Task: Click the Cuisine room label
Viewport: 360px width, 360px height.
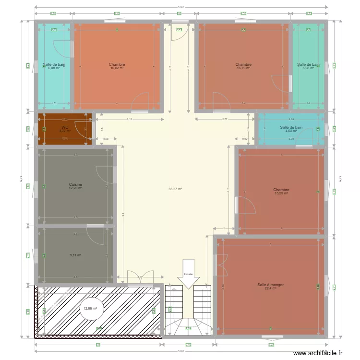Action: [75, 184]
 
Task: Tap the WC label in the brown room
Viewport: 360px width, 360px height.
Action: [65, 127]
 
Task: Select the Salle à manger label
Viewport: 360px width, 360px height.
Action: [270, 285]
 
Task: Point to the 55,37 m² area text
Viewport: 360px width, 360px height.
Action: [175, 189]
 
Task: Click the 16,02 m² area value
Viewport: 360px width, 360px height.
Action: [116, 68]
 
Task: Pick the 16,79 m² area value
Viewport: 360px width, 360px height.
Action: [243, 68]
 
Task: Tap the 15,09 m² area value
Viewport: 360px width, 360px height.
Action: [281, 193]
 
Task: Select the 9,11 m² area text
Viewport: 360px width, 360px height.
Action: [75, 255]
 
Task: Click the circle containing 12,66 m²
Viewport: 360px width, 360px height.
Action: [90, 309]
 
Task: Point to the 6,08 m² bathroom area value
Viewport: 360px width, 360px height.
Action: [54, 68]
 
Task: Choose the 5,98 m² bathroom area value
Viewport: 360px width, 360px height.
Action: [308, 68]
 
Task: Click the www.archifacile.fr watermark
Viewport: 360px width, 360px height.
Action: [319, 353]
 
